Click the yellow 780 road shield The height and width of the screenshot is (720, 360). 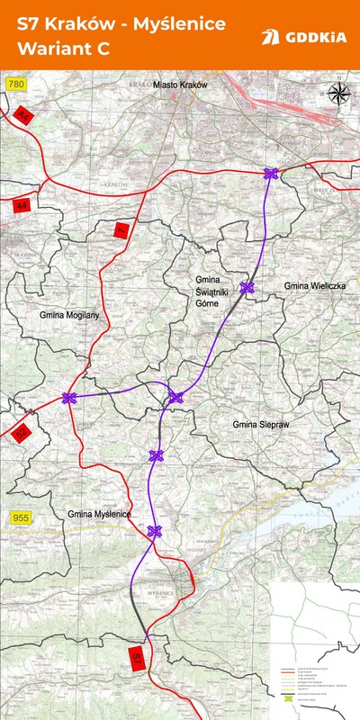tap(15, 84)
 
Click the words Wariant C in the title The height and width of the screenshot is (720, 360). tap(59, 49)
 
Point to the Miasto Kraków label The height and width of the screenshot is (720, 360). tap(180, 84)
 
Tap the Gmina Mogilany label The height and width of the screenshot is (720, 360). tap(68, 316)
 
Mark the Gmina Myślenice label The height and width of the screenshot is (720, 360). tap(99, 514)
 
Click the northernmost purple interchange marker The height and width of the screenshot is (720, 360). tap(270, 174)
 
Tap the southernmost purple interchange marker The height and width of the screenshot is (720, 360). tap(154, 531)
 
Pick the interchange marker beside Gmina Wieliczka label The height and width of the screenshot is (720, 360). tap(247, 288)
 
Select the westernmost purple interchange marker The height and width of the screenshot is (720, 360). tap(68, 398)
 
